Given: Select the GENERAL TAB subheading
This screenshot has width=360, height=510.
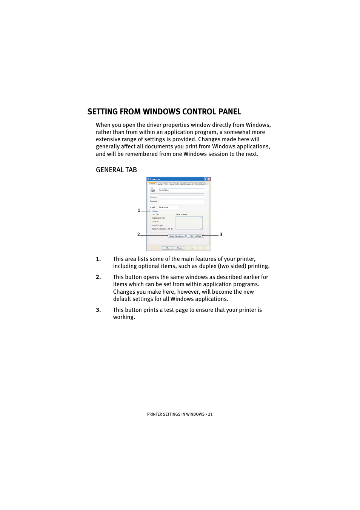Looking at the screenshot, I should click(116, 170).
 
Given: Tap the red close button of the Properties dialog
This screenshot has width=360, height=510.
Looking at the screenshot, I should click(209, 179).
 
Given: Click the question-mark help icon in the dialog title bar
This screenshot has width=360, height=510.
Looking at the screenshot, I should click(205, 179).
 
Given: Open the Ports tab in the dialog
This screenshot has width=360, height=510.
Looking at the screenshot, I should click(166, 184).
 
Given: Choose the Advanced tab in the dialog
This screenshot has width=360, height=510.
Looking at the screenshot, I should click(174, 184).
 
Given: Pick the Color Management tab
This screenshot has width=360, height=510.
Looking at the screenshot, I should click(186, 184).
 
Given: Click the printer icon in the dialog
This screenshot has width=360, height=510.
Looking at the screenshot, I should click(152, 190).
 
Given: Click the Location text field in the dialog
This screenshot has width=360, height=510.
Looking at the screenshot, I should click(181, 197).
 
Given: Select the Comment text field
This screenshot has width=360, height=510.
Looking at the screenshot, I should click(181, 202).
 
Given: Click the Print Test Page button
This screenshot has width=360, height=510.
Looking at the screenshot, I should click(195, 236).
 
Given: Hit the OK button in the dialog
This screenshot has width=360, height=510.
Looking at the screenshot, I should click(167, 248).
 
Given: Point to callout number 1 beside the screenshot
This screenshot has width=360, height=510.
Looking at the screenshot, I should click(139, 211).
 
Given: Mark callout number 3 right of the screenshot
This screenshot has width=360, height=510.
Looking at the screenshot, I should click(221, 235).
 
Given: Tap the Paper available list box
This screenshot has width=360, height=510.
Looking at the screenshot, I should click(189, 223).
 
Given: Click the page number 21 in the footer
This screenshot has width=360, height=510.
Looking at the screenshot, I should click(210, 414).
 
